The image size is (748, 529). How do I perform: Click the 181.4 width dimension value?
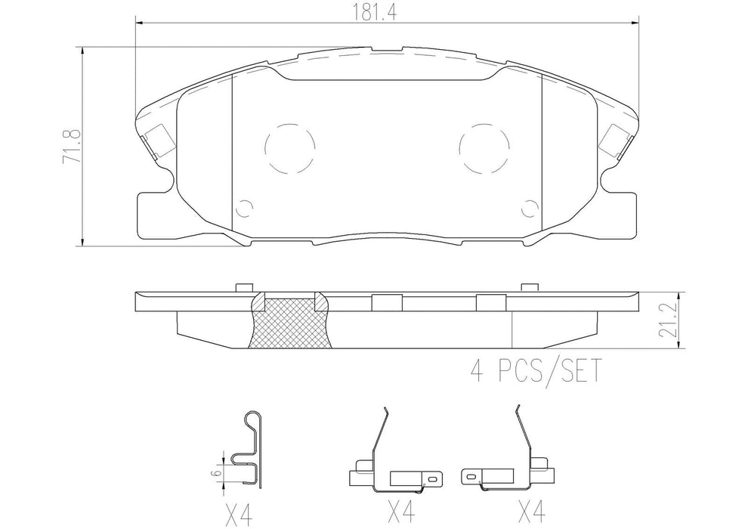tap(385, 13)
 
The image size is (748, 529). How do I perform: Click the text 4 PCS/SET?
tap(534, 371)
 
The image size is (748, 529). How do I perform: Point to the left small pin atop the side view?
tap(243, 288)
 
